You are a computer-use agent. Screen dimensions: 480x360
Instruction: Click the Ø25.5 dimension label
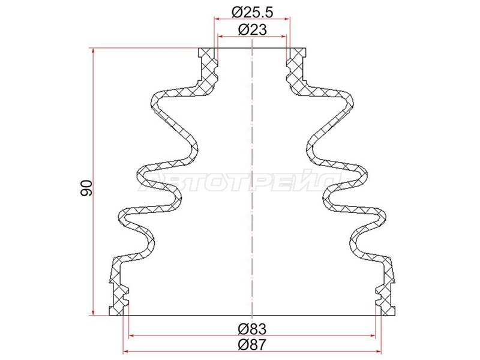(252, 13)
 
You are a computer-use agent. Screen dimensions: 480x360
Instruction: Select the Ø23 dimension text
(252, 30)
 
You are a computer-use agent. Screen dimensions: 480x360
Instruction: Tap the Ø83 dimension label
(252, 329)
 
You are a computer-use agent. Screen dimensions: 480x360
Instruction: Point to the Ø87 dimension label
(252, 346)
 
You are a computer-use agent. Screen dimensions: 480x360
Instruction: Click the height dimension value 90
(86, 188)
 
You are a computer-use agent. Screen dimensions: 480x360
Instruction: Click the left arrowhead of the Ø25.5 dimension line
(217, 19)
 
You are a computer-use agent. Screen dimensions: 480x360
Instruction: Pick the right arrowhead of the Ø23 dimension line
(283, 37)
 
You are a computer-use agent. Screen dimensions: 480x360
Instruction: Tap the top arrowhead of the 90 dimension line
(94, 51)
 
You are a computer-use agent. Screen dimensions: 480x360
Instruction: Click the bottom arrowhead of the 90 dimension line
(94, 313)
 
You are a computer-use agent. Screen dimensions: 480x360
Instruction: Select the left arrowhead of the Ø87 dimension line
(126, 352)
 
